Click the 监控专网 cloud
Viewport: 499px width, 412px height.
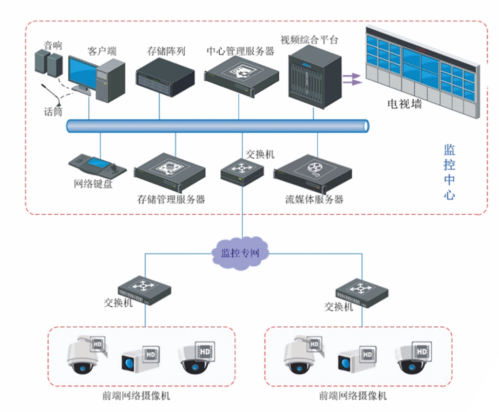tap(240, 252)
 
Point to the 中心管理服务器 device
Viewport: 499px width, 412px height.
tap(241, 74)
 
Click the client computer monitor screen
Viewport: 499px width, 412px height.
tap(81, 73)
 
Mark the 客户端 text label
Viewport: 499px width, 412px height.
tap(102, 51)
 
